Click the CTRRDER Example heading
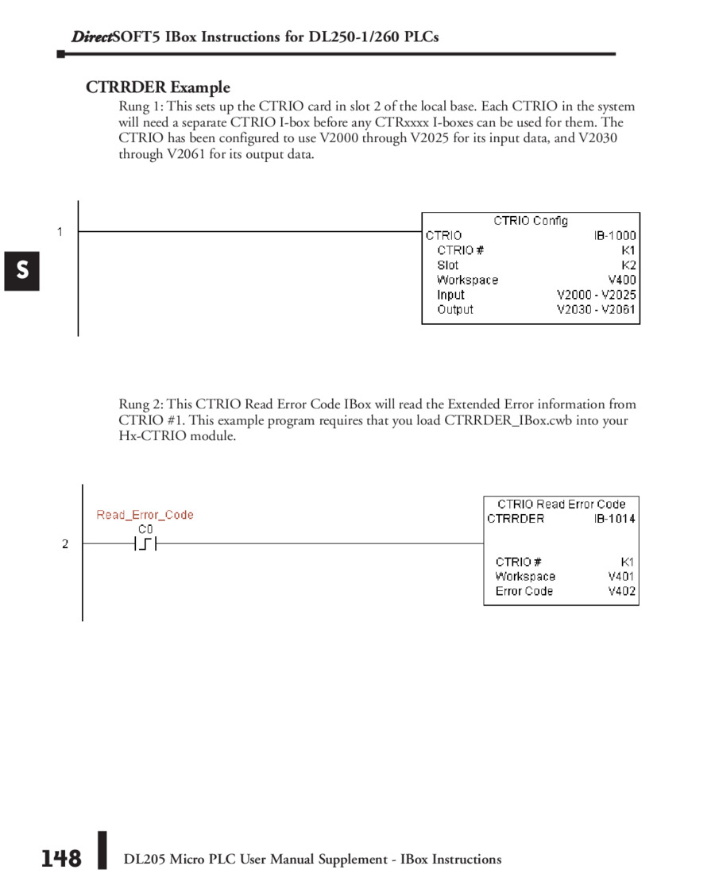158,87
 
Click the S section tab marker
22,271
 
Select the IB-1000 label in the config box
615,236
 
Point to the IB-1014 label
615,519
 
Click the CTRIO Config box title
531,221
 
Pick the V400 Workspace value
621,280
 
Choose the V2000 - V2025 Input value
597,295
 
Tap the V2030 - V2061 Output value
597,310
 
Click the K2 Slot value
628,265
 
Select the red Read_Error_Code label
145,515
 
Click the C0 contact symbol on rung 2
145,544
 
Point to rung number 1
60,232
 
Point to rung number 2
65,544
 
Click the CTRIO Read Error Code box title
561,504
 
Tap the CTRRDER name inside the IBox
516,519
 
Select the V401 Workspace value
621,577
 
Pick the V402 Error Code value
621,591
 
